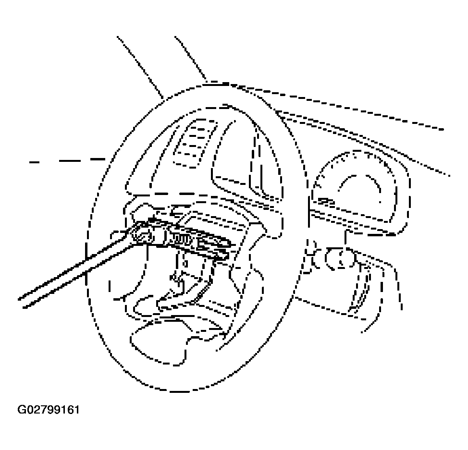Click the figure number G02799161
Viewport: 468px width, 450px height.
(49, 409)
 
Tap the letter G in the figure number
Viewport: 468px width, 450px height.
(22, 409)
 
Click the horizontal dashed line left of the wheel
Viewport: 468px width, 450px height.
(67, 161)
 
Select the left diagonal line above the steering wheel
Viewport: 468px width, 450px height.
(140, 67)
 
